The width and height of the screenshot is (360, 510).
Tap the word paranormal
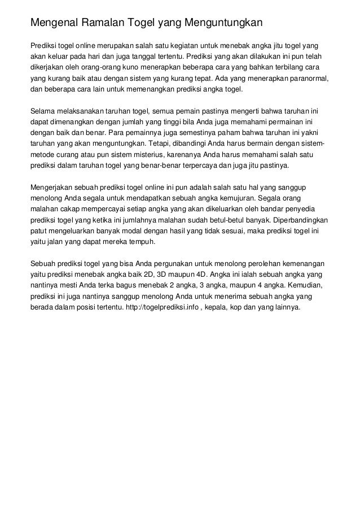(305, 79)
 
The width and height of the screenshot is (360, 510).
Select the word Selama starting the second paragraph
(43, 111)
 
